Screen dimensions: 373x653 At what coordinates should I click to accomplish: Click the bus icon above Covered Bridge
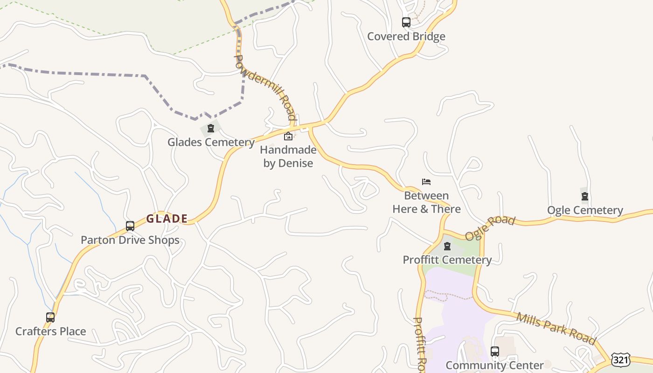406,22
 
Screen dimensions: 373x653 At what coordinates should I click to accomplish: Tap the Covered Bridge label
406,36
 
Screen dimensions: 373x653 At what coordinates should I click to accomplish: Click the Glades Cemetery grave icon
211,128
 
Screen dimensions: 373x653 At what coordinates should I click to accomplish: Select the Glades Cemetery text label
211,142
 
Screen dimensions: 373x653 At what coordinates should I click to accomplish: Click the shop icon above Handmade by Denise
288,136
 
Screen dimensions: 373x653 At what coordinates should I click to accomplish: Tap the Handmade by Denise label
288,157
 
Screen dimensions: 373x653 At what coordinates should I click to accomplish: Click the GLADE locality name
167,218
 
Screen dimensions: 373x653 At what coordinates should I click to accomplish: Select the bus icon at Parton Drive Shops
130,226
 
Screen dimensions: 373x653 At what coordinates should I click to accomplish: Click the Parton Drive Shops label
130,240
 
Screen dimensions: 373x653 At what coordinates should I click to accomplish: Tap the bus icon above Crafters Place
50,318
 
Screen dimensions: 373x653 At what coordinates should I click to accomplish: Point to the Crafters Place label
50,332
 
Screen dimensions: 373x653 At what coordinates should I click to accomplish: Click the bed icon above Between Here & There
426,181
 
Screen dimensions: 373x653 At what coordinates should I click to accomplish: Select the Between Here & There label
426,202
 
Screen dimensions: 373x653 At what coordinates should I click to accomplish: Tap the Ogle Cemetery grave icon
585,196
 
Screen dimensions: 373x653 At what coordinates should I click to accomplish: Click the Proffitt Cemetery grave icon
447,246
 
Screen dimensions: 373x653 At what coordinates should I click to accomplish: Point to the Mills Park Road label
556,328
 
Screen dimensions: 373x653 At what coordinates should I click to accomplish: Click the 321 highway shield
621,359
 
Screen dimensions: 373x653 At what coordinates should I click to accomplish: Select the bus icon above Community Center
495,351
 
